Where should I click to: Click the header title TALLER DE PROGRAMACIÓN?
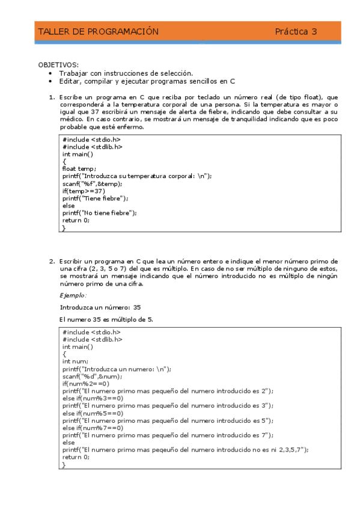pyautogui.click(x=98, y=32)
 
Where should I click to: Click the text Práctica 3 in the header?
pyautogui.click(x=296, y=32)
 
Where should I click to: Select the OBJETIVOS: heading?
pyautogui.click(x=58, y=64)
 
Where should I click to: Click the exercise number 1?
pyautogui.click(x=51, y=97)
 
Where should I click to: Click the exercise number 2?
pyautogui.click(x=51, y=262)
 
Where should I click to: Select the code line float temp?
pyautogui.click(x=79, y=169)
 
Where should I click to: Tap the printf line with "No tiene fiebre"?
pyautogui.click(x=99, y=212)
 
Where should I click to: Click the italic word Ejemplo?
pyautogui.click(x=73, y=295)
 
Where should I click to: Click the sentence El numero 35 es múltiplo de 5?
pyautogui.click(x=106, y=319)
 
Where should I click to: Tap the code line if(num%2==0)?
pyautogui.click(x=85, y=384)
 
